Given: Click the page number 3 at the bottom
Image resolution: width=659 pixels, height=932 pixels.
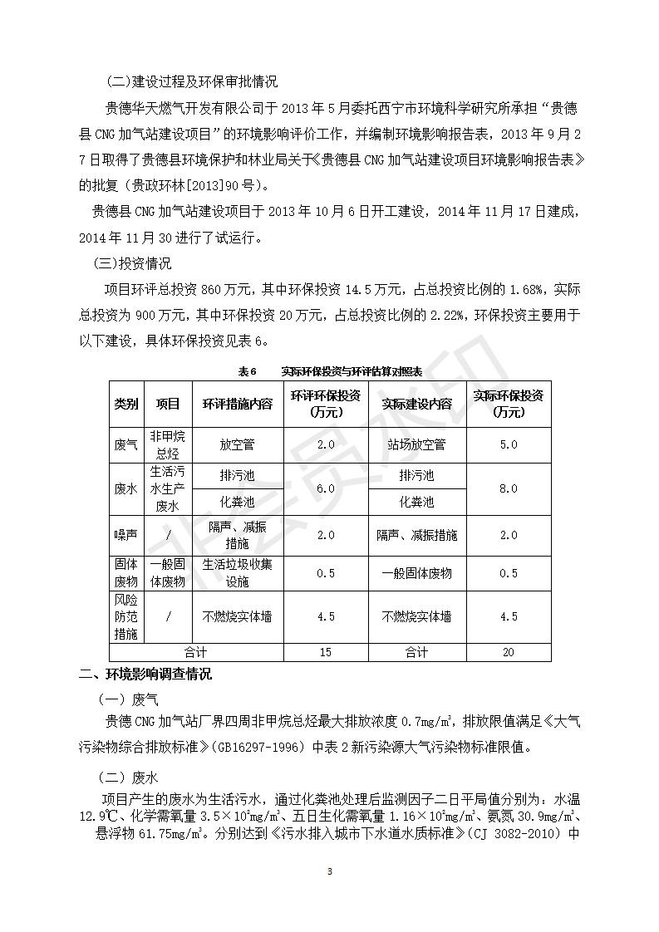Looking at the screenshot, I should click(x=330, y=871).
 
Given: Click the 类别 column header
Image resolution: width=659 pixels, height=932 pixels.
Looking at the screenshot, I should click(x=126, y=404).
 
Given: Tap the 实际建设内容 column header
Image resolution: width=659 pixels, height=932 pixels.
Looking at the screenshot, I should click(x=416, y=404).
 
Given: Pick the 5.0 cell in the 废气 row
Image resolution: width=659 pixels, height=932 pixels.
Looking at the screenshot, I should click(x=508, y=444).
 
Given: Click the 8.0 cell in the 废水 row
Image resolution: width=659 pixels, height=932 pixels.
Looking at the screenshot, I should click(x=508, y=488).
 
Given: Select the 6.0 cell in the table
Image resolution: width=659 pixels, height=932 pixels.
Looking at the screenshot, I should click(x=325, y=488).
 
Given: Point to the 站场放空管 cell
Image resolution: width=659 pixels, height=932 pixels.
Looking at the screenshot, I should click(x=416, y=444).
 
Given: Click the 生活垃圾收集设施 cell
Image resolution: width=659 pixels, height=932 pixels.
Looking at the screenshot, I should click(x=238, y=573).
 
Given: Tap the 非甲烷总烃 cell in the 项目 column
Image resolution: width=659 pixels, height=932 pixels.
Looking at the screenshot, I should click(x=168, y=444).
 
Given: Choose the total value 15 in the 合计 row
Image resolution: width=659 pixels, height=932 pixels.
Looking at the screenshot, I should click(x=325, y=652).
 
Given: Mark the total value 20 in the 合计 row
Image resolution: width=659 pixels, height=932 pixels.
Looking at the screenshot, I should click(x=508, y=652).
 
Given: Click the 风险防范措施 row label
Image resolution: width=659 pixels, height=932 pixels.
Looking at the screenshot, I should click(x=126, y=616).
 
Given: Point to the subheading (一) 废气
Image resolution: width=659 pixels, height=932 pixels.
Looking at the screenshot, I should click(x=127, y=699).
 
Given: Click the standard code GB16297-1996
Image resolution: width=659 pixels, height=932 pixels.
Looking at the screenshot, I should click(x=263, y=744).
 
